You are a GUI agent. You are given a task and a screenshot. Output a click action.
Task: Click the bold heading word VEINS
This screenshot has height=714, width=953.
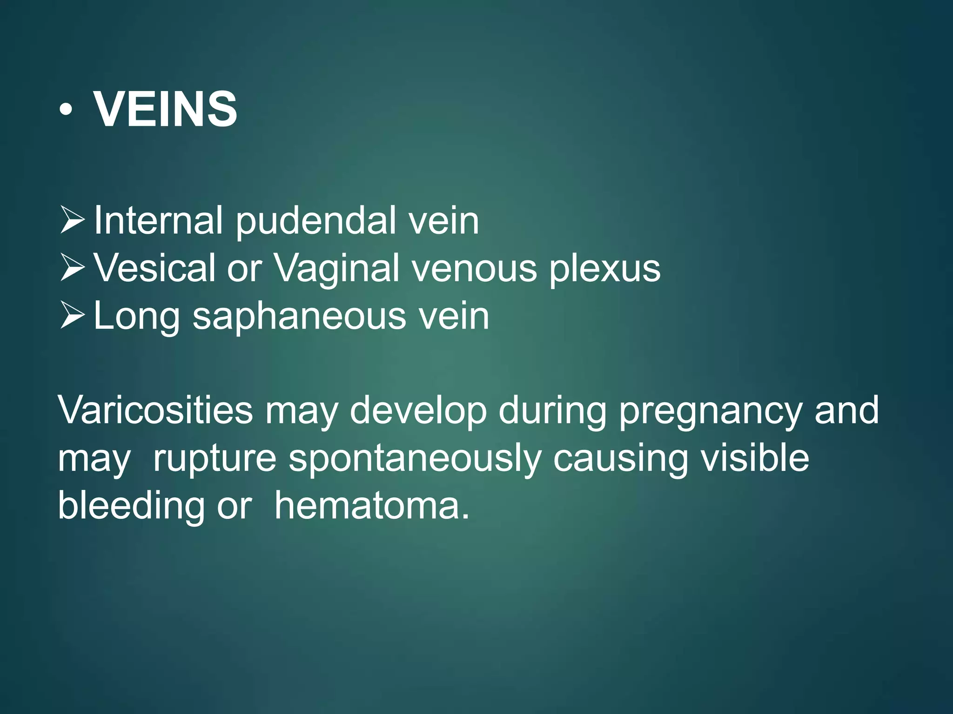165,109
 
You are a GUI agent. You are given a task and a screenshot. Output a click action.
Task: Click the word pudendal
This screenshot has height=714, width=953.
316,221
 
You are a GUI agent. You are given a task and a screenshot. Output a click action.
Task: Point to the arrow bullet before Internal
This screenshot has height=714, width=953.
72,221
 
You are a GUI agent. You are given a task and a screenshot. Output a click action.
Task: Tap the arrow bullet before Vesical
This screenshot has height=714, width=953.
72,269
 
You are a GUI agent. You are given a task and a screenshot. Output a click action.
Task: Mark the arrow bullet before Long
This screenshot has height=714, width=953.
72,316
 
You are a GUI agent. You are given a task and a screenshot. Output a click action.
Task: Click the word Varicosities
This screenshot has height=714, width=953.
155,410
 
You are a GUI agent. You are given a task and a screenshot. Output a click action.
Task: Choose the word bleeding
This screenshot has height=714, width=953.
131,506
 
